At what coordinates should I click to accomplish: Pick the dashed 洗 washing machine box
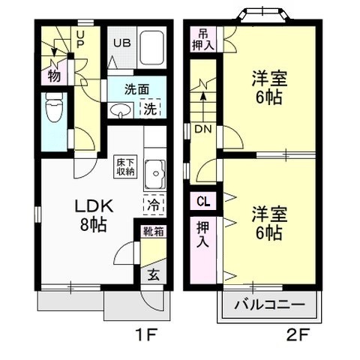[151, 108]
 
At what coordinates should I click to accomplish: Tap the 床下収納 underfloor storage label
[125, 166]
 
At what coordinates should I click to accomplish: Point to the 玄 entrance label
[153, 274]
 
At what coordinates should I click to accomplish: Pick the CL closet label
[203, 201]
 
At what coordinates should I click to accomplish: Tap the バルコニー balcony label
[269, 305]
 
